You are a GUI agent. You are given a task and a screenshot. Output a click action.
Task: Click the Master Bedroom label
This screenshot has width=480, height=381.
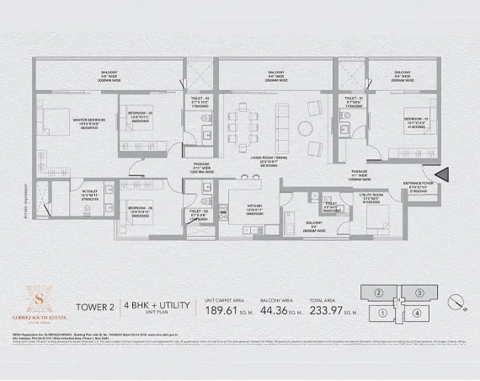click(88, 121)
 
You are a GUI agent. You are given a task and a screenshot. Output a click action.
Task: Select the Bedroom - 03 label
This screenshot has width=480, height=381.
click(139, 207)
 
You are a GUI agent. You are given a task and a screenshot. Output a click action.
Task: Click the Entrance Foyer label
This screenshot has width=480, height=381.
click(418, 186)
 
